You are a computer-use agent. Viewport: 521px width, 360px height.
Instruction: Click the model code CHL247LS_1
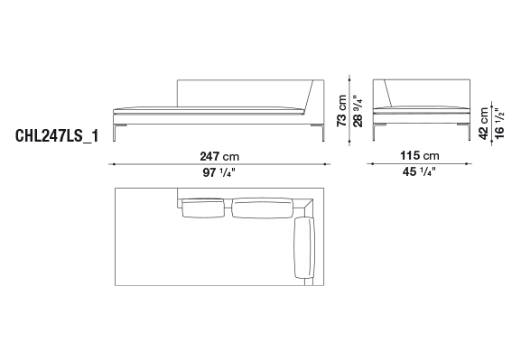(x=57, y=136)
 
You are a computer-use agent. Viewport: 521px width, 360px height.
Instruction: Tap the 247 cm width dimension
(x=219, y=156)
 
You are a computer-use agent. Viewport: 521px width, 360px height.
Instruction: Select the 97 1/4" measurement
(x=219, y=172)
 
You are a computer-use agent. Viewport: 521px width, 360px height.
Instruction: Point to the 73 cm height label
(x=341, y=110)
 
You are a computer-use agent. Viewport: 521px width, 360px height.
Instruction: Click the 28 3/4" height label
(x=358, y=111)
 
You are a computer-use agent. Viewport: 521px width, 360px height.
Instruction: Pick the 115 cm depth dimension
(x=420, y=155)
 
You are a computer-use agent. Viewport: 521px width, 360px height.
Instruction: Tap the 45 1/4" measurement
(x=419, y=171)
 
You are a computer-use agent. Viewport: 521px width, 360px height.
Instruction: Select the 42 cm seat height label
(x=483, y=124)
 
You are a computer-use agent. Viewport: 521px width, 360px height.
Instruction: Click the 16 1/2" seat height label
(x=499, y=124)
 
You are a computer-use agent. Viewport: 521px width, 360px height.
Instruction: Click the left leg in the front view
(x=115, y=133)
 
